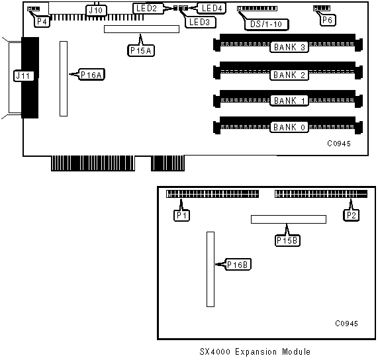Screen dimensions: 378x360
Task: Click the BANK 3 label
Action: tap(289, 47)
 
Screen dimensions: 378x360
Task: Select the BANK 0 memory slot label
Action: tap(289, 127)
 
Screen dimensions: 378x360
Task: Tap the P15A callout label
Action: tap(141, 50)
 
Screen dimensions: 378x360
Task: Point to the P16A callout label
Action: tap(91, 75)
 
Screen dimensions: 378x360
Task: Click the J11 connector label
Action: tap(23, 75)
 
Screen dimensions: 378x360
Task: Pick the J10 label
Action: tap(96, 11)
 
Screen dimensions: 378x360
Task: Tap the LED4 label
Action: tap(211, 8)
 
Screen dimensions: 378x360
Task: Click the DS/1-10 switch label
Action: tap(266, 24)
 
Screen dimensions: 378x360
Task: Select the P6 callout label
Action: tap(328, 21)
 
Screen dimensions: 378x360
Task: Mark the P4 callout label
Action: tap(42, 21)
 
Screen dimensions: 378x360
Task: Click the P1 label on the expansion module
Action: tap(181, 215)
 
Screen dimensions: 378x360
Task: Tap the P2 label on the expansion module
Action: tap(351, 215)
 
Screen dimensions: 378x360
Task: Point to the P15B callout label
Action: tap(287, 240)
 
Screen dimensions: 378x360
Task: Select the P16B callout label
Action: tap(238, 265)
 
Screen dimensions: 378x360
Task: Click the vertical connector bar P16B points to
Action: tap(211, 269)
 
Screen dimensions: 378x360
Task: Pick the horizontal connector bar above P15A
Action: tap(142, 29)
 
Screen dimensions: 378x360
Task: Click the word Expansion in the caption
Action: tap(256, 352)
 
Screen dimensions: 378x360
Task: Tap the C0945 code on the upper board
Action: tap(339, 144)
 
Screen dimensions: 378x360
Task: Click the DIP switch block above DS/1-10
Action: tap(258, 9)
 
